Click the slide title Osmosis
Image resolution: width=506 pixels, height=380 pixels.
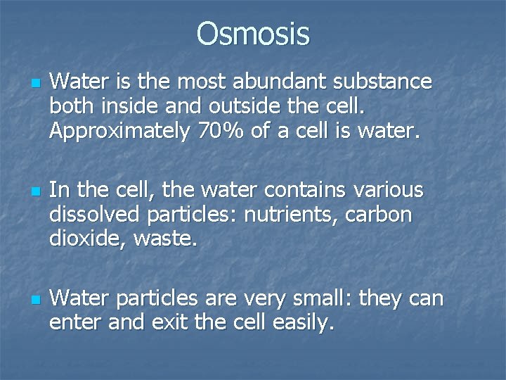252,33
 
